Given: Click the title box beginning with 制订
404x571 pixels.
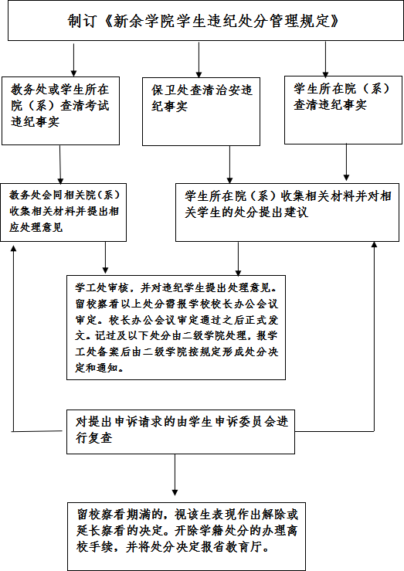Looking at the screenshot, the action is [x=205, y=20].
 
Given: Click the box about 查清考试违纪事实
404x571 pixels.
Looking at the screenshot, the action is [x=60, y=110].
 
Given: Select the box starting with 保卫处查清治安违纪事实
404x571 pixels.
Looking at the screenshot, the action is [x=201, y=111].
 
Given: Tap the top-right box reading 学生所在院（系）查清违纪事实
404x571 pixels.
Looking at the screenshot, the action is [x=343, y=110].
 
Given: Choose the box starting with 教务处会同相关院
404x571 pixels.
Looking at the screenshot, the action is [x=63, y=212].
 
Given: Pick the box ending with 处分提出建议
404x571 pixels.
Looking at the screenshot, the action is [x=287, y=212].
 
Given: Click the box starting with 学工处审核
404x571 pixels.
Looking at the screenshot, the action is [x=176, y=328].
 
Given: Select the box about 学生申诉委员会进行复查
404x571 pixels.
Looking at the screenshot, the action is [x=181, y=431].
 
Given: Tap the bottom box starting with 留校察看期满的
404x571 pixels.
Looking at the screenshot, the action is [x=186, y=536].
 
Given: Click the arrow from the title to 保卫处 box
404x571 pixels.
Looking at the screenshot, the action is [x=199, y=59].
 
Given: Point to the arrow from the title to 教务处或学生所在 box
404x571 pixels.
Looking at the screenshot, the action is [x=73, y=60].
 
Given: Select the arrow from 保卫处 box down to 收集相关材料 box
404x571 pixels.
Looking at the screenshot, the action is [x=229, y=165].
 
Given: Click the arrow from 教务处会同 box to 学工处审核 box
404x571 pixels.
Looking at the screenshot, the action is [x=105, y=257].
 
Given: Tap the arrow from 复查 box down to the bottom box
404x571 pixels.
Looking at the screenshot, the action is [x=175, y=475].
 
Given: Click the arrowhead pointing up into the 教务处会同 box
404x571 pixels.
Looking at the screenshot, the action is [x=13, y=247].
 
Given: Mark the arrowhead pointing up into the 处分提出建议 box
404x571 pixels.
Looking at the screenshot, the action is [x=374, y=244].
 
